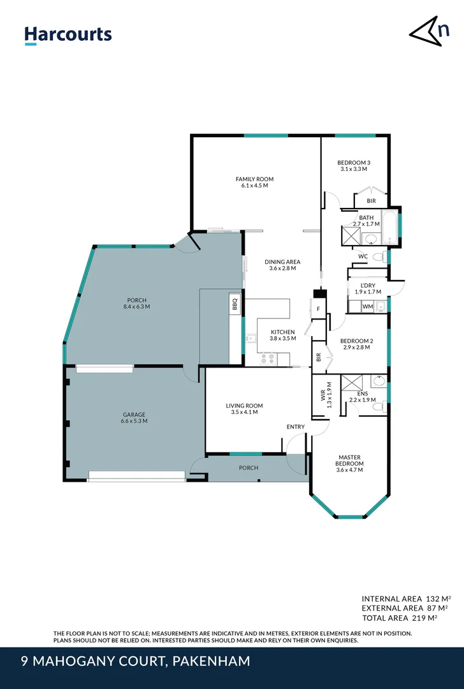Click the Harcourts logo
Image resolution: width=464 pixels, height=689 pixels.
tap(68, 34)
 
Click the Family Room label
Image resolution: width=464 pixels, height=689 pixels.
tap(254, 179)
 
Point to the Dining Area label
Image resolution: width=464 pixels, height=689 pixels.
tap(282, 262)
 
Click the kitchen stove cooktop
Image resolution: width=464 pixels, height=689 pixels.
tap(268, 359)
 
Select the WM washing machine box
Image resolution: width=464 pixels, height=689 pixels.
tap(367, 307)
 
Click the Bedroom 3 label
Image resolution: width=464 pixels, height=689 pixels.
tap(354, 163)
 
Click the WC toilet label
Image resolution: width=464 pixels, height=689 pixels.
tap(363, 256)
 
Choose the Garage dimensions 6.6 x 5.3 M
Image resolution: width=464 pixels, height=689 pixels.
tap(134, 421)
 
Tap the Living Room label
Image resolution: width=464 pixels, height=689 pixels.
tap(244, 406)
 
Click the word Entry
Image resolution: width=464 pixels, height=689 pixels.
tap(296, 427)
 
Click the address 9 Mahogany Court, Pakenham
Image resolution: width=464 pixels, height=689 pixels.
tap(135, 662)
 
